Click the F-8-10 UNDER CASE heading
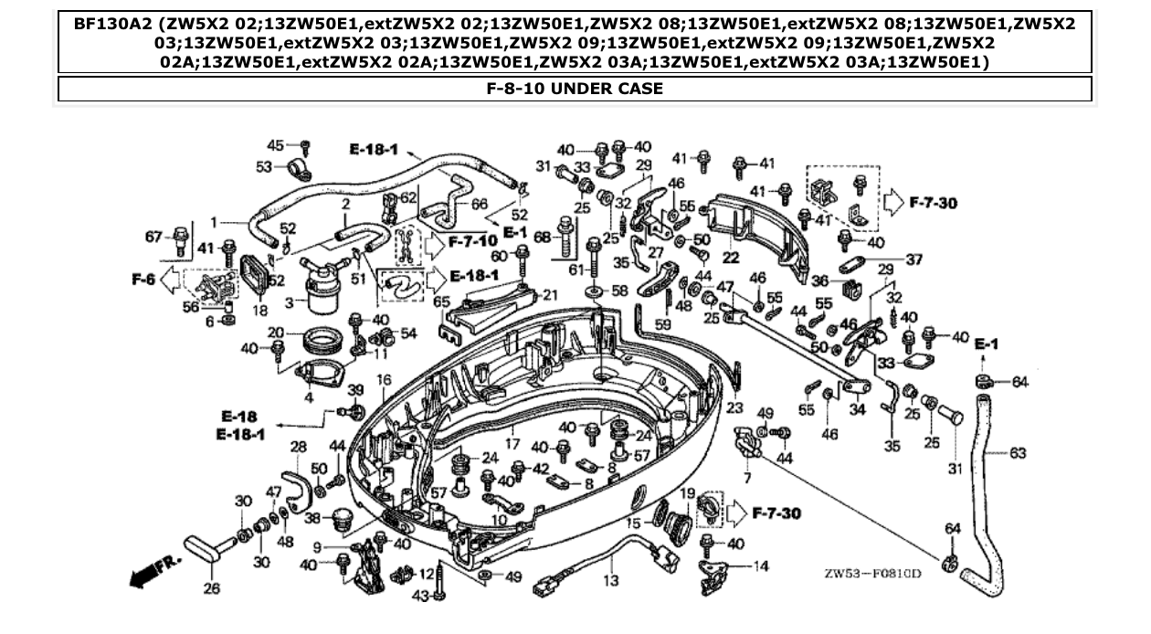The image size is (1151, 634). tap(575, 89)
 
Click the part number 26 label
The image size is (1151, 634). tap(211, 589)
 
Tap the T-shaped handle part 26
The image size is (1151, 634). tap(205, 548)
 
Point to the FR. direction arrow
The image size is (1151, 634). tap(152, 571)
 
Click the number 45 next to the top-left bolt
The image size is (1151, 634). tap(275, 145)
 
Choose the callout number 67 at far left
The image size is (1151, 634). tap(153, 238)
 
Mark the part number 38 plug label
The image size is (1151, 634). tap(312, 517)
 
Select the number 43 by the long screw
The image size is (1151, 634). tap(419, 596)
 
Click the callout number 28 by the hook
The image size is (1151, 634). tap(299, 446)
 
